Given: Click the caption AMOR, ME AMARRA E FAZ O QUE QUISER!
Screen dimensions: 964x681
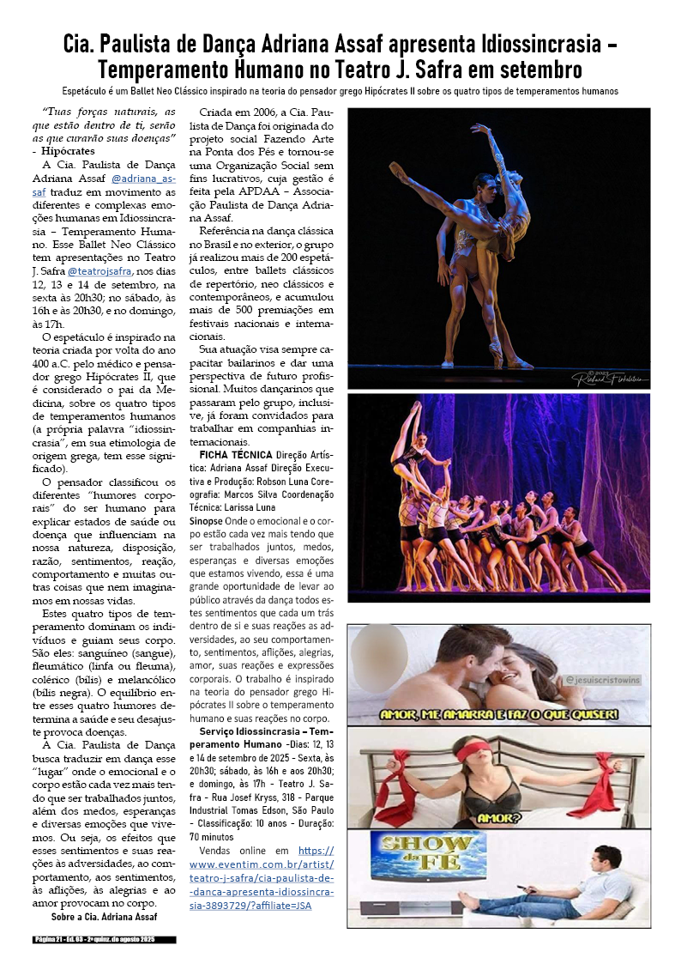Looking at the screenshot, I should (498, 714).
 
